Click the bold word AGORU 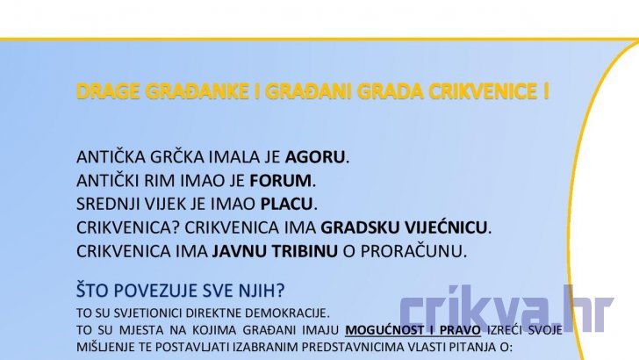314,157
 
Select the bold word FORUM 280,181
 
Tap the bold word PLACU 286,204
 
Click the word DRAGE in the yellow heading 108,91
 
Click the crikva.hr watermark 506,308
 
